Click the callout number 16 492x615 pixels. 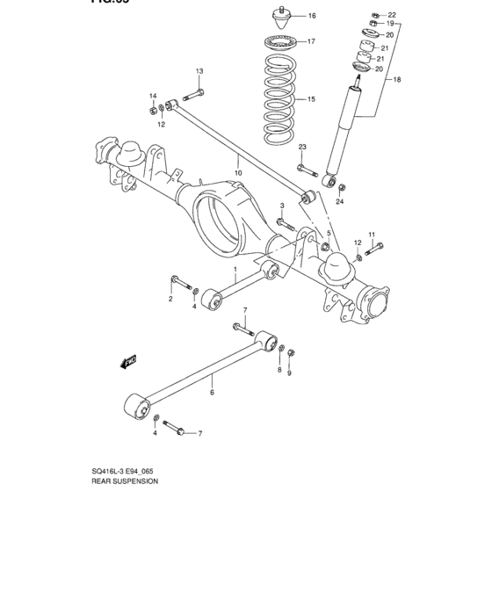(312, 16)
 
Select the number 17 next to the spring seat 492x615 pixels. (312, 40)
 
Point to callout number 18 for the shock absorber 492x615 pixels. (396, 80)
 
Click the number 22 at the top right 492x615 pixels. (392, 15)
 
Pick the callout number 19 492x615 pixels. (391, 25)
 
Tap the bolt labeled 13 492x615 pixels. (195, 95)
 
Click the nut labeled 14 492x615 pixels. (152, 110)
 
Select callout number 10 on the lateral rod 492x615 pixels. (237, 161)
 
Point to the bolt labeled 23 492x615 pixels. (303, 168)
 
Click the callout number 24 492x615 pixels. (339, 202)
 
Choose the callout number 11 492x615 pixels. (371, 235)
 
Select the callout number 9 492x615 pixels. (289, 372)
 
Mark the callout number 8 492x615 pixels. (279, 371)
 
